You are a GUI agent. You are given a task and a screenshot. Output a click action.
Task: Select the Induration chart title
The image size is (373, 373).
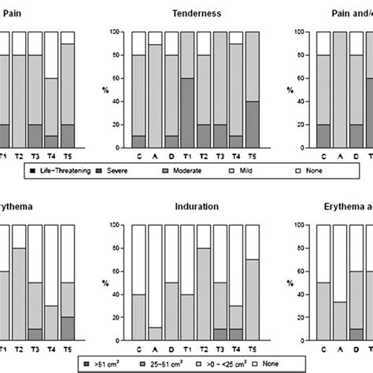(x=194, y=206)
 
